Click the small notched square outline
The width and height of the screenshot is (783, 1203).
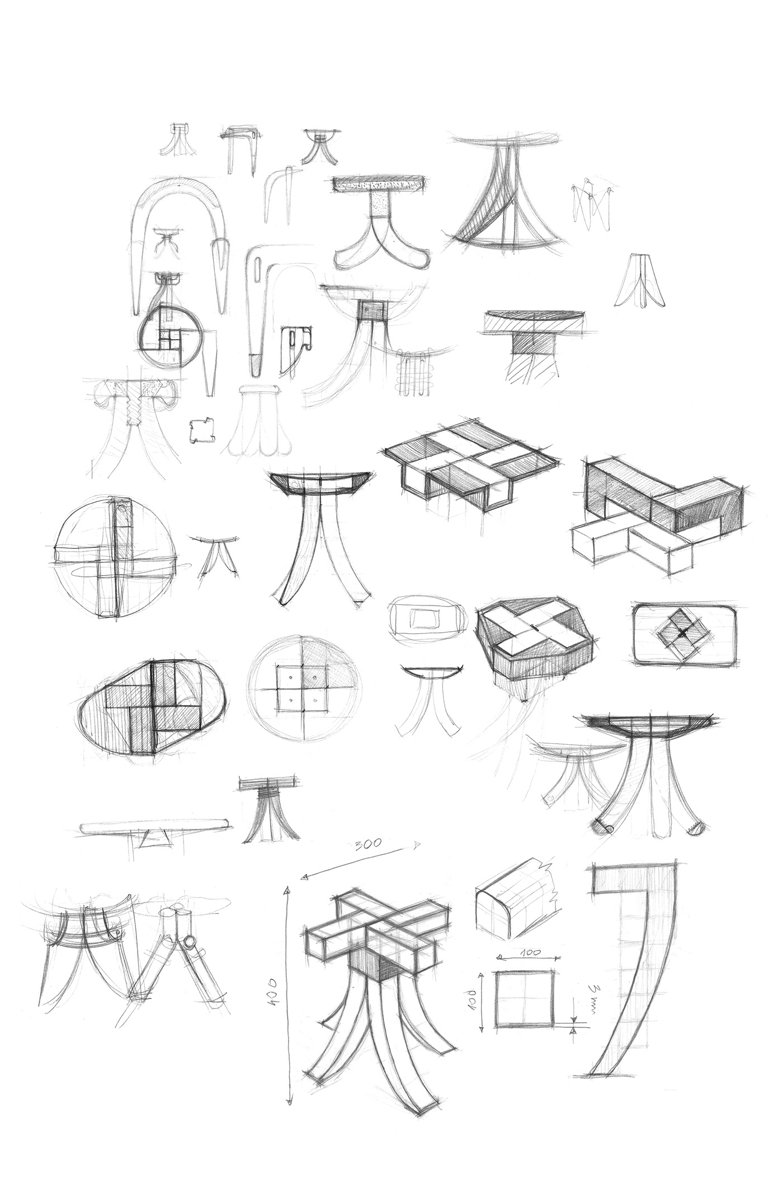pos(201,431)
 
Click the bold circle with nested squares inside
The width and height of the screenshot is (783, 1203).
pos(166,334)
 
